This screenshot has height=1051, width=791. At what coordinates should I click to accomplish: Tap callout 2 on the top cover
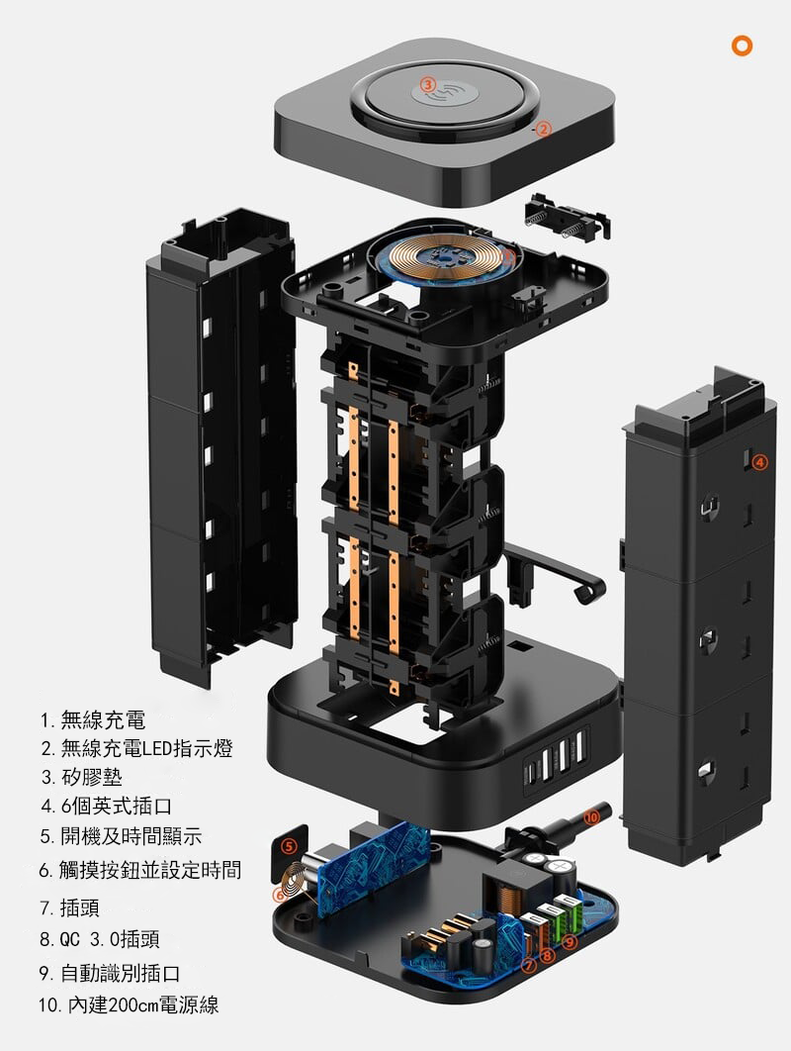(542, 129)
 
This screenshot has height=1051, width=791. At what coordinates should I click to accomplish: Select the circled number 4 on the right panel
(758, 461)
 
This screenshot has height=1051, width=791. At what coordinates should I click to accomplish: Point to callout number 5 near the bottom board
(288, 846)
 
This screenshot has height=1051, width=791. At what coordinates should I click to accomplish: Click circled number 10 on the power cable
(591, 817)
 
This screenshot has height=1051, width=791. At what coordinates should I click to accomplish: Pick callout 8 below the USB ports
(548, 955)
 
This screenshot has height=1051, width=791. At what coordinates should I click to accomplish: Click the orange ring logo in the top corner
(742, 46)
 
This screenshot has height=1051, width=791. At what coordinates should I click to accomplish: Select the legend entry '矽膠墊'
(93, 777)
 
